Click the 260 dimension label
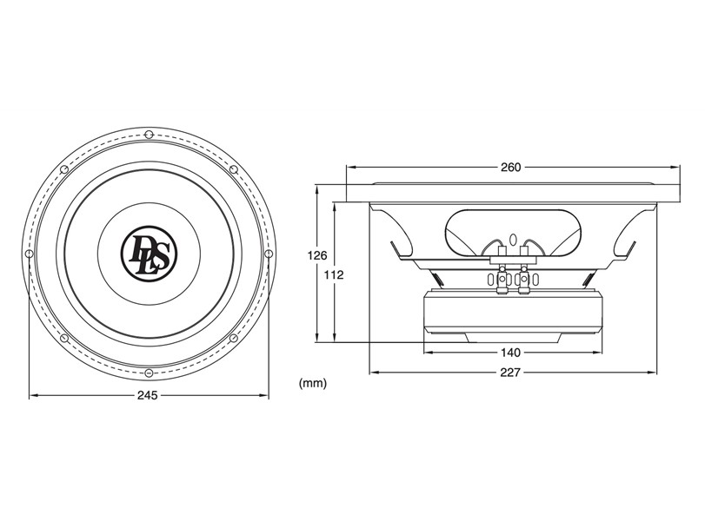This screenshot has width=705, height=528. click(x=510, y=168)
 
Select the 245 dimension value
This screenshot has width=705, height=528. click(x=148, y=395)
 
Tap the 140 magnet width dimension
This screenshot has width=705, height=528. click(x=510, y=353)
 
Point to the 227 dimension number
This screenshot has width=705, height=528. click(x=510, y=373)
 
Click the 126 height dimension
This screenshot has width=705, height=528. click(x=317, y=255)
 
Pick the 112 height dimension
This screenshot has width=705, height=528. click(x=334, y=274)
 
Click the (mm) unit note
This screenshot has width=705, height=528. click(x=313, y=384)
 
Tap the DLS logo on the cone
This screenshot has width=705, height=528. click(x=149, y=254)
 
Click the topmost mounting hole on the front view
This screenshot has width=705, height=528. click(x=149, y=135)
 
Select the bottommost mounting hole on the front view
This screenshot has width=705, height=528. click(x=149, y=373)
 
